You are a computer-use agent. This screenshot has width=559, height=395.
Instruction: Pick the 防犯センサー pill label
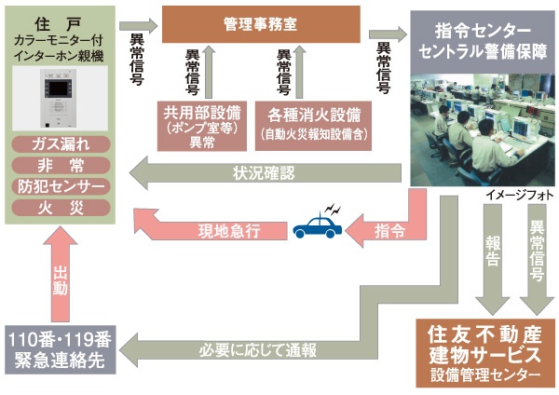tap(61, 186)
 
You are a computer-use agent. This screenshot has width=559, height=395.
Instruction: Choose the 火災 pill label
tap(61, 207)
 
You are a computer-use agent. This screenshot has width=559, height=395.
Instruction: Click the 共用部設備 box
tap(201, 125)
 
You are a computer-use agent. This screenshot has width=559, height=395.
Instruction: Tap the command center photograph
tap(481, 121)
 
